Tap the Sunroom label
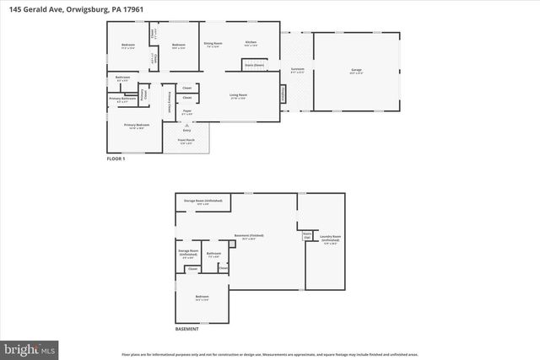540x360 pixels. [297, 72]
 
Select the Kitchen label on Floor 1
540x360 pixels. [251, 43]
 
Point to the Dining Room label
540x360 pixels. [213, 43]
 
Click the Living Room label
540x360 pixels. [240, 96]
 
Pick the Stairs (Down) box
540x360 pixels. [254, 64]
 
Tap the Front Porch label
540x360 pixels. [186, 142]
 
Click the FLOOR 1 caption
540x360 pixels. [116, 159]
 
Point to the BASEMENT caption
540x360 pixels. [187, 329]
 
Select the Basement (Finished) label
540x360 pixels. [253, 237]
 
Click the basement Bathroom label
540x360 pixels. [213, 253]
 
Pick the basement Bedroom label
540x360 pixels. [202, 298]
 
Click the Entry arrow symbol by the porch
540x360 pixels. [186, 126]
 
